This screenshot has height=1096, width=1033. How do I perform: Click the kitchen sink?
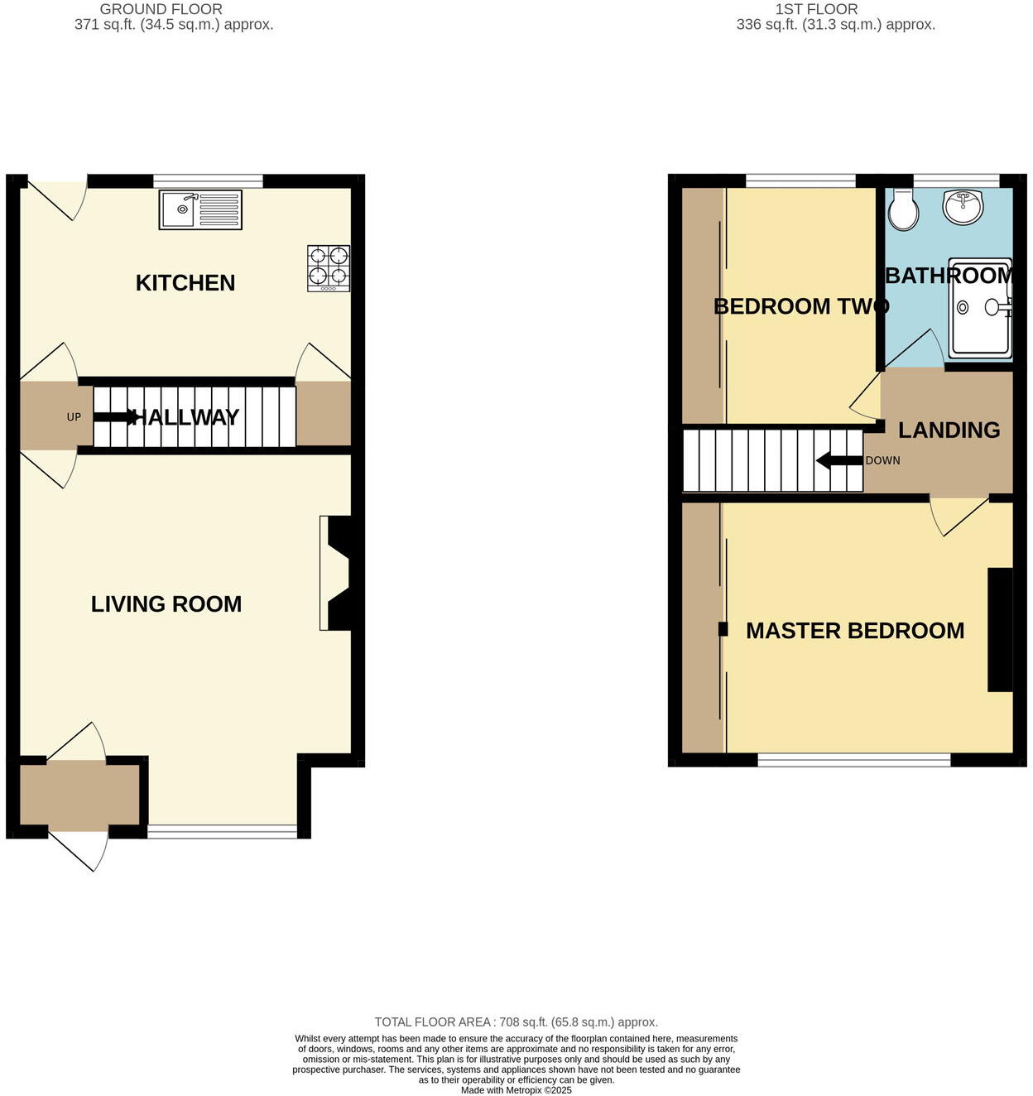tap(200, 209)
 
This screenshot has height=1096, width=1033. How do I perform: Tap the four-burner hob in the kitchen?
tap(328, 267)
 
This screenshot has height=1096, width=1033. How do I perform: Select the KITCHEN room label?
tap(185, 283)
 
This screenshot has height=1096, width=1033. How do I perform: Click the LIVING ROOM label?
tap(166, 604)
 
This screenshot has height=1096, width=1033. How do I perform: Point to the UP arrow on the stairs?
tap(115, 417)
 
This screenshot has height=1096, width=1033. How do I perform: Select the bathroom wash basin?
tap(963, 206)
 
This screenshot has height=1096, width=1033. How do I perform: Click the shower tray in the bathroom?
tap(980, 308)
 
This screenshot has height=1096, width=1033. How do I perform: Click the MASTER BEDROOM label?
tap(855, 631)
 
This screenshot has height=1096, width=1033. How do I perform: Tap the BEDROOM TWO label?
tap(800, 306)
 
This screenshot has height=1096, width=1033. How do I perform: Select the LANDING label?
tap(949, 430)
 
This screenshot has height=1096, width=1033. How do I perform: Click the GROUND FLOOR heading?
tap(161, 9)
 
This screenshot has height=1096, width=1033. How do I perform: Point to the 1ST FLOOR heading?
tap(816, 9)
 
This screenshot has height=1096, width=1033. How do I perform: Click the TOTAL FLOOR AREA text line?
tap(516, 1022)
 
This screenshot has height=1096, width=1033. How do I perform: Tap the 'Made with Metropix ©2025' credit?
tap(516, 1090)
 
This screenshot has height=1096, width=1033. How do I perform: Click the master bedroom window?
tap(853, 759)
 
